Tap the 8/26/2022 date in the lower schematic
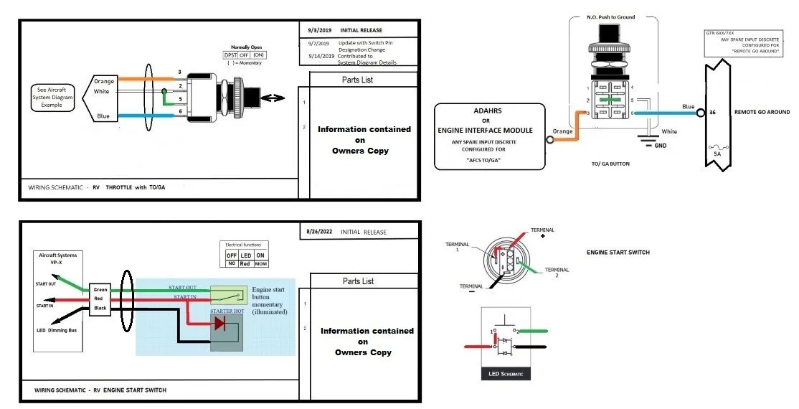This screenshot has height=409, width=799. tap(318, 232)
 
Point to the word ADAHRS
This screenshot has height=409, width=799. tap(490, 111)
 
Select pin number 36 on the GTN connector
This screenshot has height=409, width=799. tap(711, 112)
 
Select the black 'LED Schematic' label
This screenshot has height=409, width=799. tap(505, 375)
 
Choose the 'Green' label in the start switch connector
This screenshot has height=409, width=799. tap(100, 290)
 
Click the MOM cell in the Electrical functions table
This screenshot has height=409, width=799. tap(261, 263)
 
